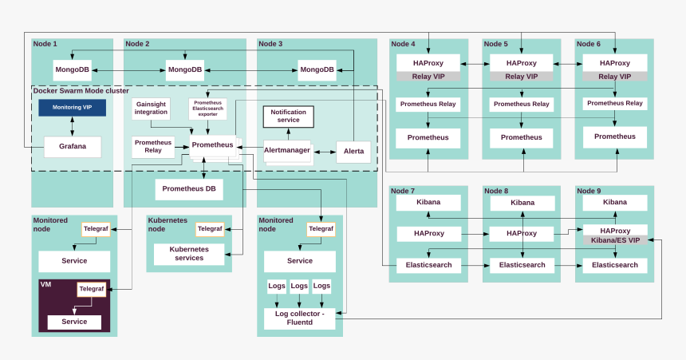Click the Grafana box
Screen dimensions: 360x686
point(72,147)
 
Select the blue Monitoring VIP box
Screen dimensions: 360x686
point(73,107)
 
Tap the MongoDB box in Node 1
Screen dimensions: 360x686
point(72,69)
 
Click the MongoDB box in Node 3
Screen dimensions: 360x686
point(317,69)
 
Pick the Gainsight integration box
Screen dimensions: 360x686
point(152,109)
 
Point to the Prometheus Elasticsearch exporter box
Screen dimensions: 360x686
point(208,109)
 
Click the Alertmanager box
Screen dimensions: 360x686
point(286,150)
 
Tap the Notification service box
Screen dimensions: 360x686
point(289,116)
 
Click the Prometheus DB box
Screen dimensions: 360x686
point(188,189)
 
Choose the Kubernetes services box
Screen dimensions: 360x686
point(188,254)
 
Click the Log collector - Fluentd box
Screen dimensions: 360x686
point(300,318)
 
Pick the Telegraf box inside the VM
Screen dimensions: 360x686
point(92,289)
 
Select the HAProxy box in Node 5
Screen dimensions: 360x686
point(522,62)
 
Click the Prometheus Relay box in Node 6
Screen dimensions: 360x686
point(614,103)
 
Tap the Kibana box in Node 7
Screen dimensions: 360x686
point(428,203)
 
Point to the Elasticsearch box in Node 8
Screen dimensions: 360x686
point(522,265)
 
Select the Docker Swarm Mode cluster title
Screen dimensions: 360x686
point(81,91)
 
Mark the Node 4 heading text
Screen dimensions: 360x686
point(403,44)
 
